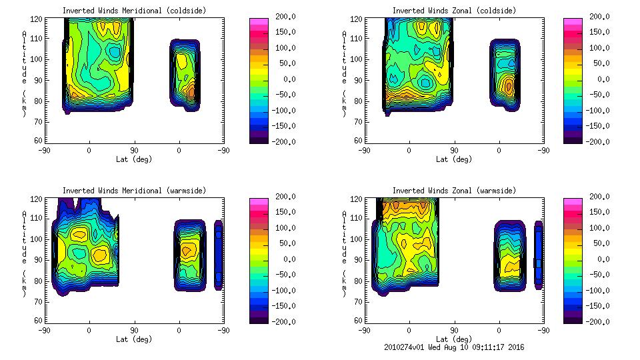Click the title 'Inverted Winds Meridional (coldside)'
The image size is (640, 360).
[x=134, y=11]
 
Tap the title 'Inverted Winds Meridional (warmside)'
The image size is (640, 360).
[x=134, y=191]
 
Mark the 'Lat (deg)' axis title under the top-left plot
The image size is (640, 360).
[x=134, y=159]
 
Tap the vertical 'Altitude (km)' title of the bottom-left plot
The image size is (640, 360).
[x=25, y=246]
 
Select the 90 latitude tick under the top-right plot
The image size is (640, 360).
[x=454, y=151]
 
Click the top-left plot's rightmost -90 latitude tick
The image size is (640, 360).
[x=223, y=151]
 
